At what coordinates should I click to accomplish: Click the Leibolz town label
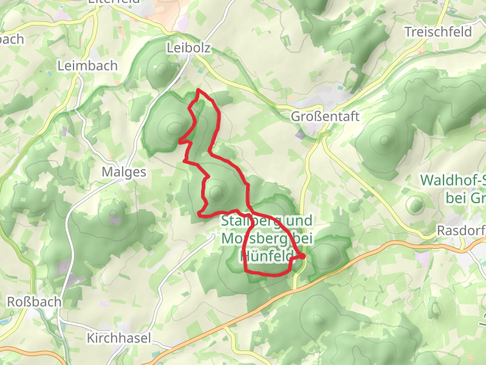[188, 47]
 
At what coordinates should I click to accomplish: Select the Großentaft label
[326, 116]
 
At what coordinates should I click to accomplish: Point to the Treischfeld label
[438, 32]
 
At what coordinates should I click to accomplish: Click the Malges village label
[124, 172]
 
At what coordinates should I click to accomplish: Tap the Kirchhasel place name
[118, 338]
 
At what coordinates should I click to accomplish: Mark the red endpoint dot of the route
[303, 257]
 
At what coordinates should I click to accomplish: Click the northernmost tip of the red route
[199, 90]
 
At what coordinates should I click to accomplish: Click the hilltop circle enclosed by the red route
[216, 194]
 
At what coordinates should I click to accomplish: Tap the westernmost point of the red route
[179, 142]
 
